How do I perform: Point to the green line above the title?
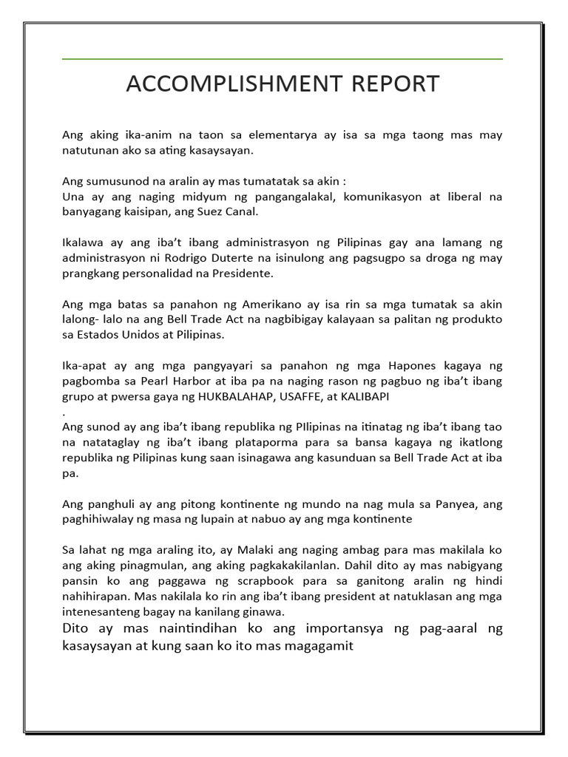tap(283, 58)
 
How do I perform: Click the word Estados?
tap(97, 334)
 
